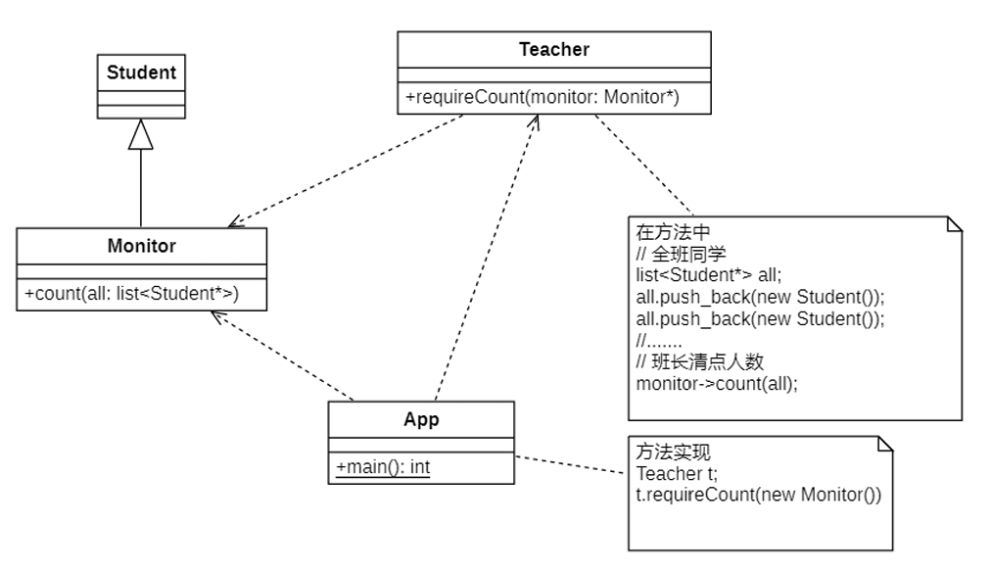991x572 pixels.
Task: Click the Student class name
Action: click(x=141, y=72)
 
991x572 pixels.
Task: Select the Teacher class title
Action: click(x=554, y=49)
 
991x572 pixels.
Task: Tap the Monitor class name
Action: click(x=141, y=246)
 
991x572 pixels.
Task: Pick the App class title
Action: click(x=421, y=419)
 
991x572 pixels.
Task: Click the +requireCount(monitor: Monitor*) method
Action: click(x=543, y=97)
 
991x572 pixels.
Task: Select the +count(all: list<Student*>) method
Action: click(x=132, y=293)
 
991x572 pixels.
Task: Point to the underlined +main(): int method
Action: click(x=383, y=466)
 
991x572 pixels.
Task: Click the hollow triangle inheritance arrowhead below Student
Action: click(x=141, y=134)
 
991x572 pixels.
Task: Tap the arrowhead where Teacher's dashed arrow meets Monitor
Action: click(x=236, y=223)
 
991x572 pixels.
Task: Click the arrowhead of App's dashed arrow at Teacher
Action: click(x=535, y=120)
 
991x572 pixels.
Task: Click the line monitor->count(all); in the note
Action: click(x=717, y=383)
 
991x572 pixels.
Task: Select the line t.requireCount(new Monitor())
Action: click(x=759, y=495)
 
